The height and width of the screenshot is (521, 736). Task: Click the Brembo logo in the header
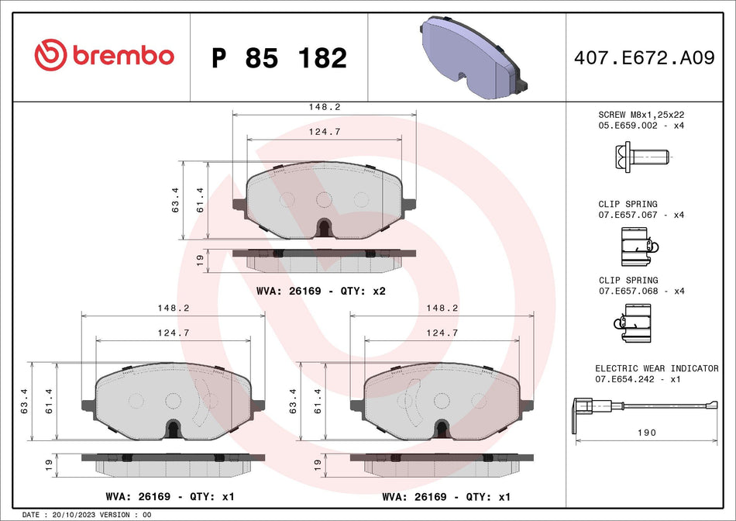tap(104, 56)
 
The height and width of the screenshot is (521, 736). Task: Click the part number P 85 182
tap(279, 58)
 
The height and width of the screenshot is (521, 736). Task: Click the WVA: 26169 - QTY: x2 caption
tap(320, 292)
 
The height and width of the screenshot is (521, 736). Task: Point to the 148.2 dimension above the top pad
tap(325, 107)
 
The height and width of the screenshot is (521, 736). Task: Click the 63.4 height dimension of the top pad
tap(175, 201)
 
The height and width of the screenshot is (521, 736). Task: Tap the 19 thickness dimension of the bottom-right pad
tap(316, 465)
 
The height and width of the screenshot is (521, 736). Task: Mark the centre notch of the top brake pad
tap(325, 228)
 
